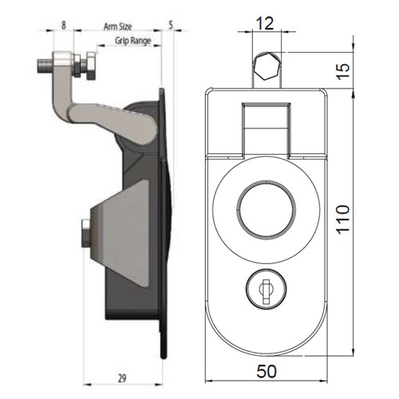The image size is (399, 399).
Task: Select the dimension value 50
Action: point(267,371)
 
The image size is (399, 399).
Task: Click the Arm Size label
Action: point(119,26)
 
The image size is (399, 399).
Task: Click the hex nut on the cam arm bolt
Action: point(90,65)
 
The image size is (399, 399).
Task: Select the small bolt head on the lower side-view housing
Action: point(85,234)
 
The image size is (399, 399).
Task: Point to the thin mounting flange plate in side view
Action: point(164,223)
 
